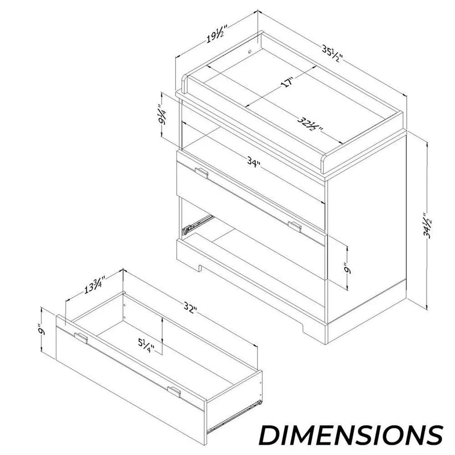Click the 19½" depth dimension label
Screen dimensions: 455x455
[216, 35]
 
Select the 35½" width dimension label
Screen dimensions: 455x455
[333, 53]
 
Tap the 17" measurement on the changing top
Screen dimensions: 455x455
[288, 82]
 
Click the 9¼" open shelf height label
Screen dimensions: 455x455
[162, 114]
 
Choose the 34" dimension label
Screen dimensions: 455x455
[254, 162]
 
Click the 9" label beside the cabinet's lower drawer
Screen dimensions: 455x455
[348, 268]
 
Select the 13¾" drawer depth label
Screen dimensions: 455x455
[94, 285]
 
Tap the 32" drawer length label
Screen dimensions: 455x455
[191, 308]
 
